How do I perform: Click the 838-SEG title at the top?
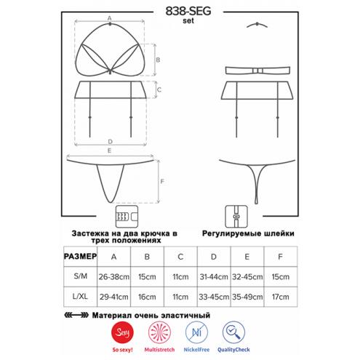(188, 11)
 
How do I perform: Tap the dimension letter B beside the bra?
(158, 60)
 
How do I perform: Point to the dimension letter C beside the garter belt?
(159, 89)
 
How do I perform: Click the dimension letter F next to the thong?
(162, 181)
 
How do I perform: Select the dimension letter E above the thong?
(109, 151)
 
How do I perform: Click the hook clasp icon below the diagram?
(127, 217)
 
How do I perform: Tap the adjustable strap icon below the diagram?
(236, 217)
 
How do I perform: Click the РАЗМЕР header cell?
(80, 256)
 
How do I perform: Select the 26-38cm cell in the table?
(113, 276)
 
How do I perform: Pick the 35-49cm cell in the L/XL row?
(247, 297)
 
